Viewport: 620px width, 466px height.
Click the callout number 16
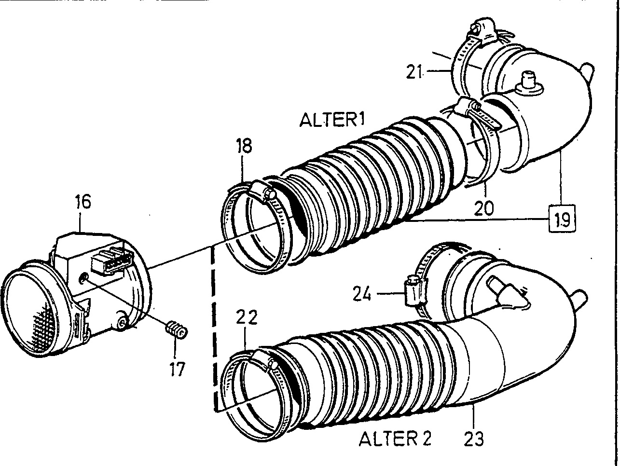[x=83, y=202]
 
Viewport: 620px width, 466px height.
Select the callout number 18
[x=245, y=146]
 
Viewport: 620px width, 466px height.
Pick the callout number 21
[x=414, y=72]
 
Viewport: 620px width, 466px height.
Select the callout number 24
[x=362, y=293]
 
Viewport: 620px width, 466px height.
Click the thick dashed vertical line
[x=212, y=328]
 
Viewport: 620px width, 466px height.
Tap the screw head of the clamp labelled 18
[x=268, y=194]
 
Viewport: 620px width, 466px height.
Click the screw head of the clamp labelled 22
[x=271, y=367]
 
